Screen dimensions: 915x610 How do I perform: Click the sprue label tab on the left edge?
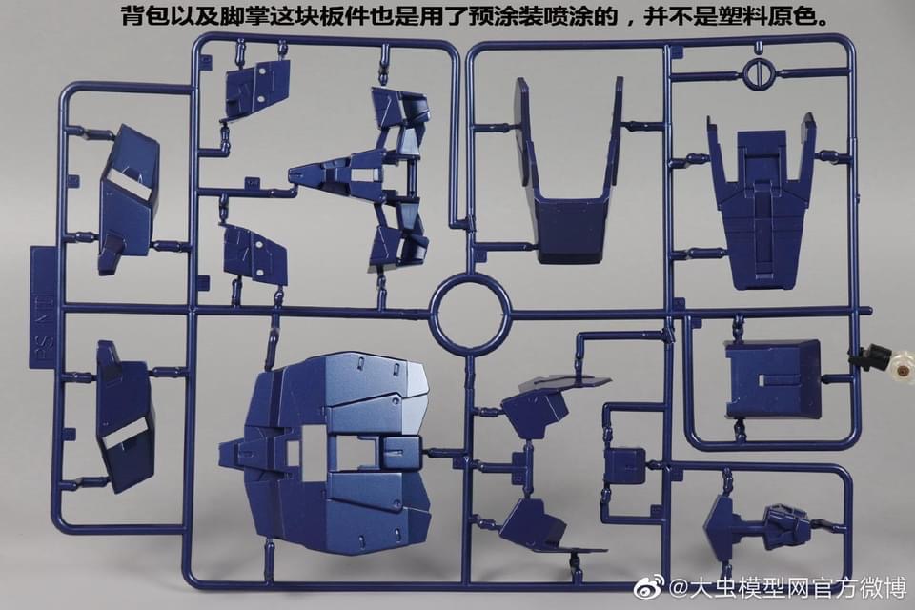pos(43,307)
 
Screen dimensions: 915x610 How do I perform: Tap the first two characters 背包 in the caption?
pos(144,16)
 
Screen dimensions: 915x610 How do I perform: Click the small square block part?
pos(625,467)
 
